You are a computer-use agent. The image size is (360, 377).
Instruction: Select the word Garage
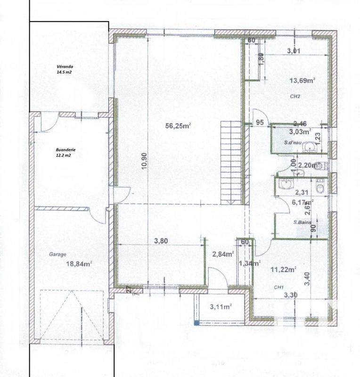(57, 254)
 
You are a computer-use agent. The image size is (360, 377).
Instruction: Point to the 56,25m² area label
(178, 125)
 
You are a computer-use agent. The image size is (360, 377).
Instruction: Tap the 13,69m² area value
(302, 81)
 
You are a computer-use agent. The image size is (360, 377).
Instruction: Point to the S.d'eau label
(293, 142)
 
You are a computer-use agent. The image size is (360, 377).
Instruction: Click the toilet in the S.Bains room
(320, 188)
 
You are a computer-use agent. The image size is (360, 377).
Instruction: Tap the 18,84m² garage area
(79, 264)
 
